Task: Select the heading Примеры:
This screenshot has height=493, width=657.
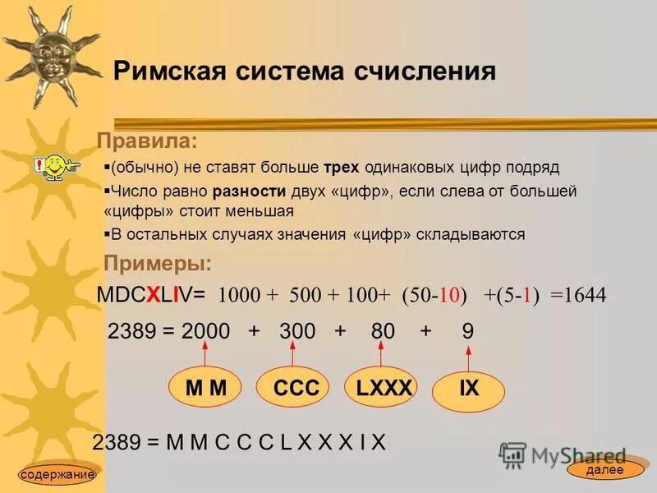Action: point(157,264)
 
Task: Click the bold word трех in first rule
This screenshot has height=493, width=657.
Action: point(341,168)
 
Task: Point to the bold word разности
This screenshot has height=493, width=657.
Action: point(249,191)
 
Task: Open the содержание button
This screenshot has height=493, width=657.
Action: point(57,474)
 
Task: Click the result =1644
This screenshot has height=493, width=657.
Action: point(579,296)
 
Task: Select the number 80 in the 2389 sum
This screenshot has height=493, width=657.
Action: point(383,332)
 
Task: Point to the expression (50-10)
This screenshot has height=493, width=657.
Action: point(434,296)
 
